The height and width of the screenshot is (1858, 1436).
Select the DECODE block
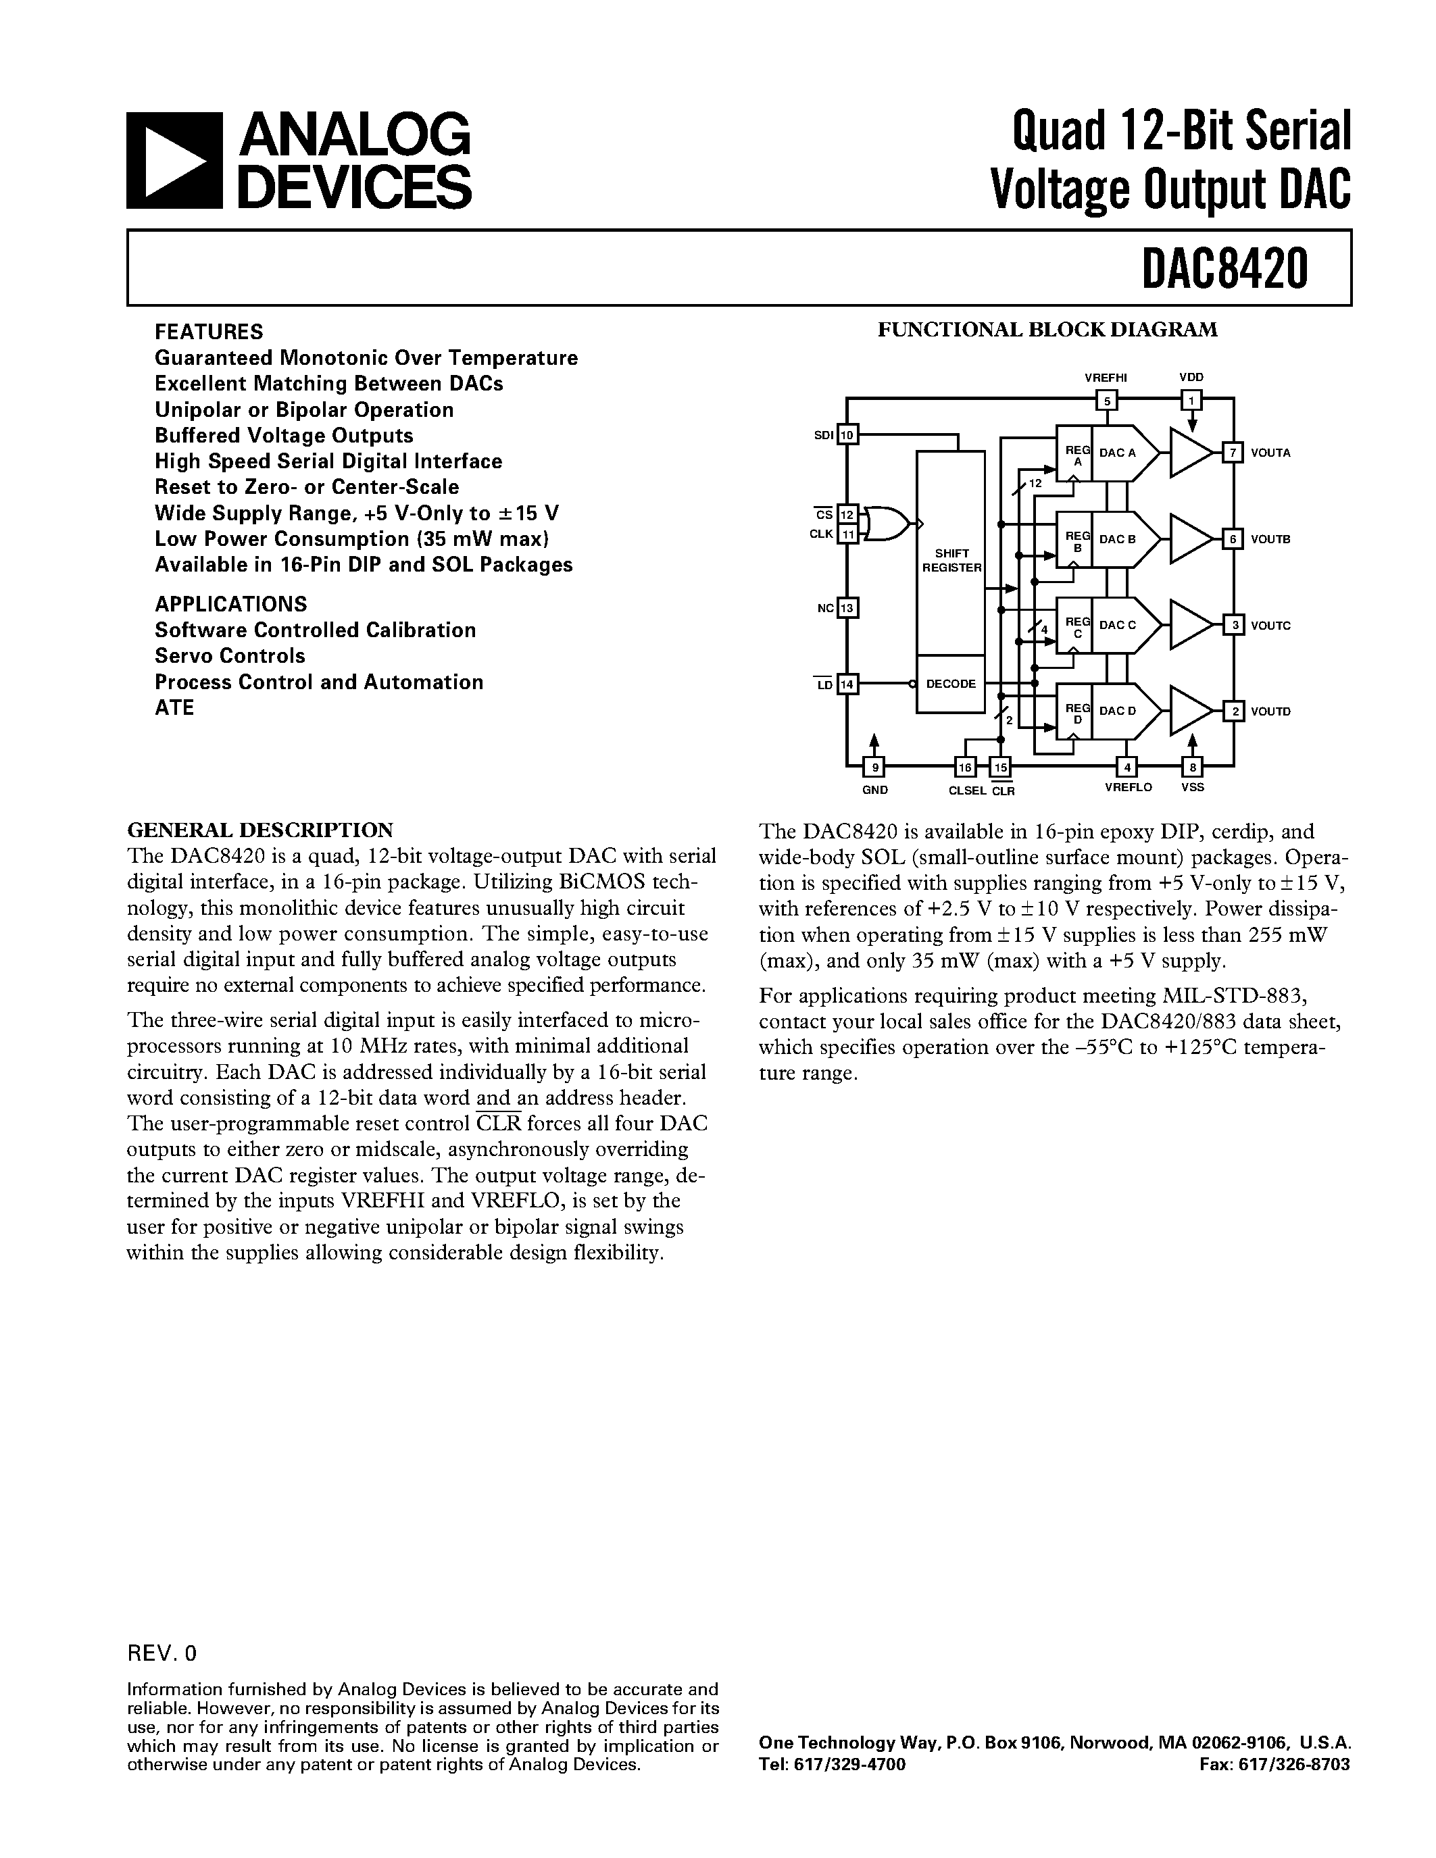[950, 684]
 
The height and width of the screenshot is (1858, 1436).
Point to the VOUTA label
[1270, 453]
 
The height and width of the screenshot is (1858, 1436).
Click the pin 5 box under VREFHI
[1107, 400]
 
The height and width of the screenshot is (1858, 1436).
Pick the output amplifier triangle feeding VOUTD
[1189, 710]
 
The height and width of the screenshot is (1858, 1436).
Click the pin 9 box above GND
[874, 768]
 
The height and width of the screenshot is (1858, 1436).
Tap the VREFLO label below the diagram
[1128, 788]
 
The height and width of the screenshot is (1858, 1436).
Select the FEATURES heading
[209, 332]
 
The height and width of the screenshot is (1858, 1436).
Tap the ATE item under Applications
[174, 708]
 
